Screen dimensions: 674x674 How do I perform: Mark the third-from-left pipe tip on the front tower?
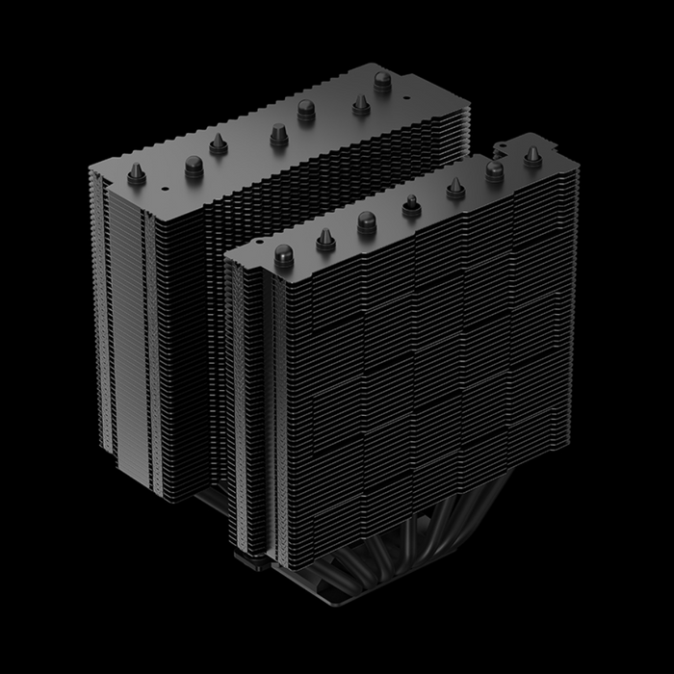coord(367,220)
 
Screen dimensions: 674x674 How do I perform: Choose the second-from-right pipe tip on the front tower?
coord(495,170)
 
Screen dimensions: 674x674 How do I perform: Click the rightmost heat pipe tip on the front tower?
coord(531,153)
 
